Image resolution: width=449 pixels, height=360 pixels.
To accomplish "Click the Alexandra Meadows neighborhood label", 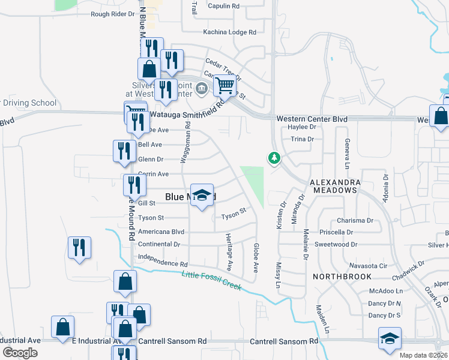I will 334,185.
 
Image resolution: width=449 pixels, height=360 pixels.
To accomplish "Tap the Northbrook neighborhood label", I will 342,277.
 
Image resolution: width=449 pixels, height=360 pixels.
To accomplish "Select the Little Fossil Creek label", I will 211,281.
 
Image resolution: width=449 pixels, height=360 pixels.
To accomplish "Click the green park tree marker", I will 274,158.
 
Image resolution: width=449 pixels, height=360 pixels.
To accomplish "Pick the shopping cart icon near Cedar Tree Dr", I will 224,86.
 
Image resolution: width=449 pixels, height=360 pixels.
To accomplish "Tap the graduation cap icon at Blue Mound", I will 202,195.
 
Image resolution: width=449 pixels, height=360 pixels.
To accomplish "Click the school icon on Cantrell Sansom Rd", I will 390,338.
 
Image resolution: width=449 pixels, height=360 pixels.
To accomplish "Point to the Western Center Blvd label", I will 312,119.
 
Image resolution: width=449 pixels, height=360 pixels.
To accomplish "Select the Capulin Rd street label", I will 223,5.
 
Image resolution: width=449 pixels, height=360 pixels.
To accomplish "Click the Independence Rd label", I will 163,262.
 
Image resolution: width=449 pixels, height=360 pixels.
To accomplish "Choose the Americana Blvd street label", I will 161,232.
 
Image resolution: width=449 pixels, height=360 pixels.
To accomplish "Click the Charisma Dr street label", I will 355,220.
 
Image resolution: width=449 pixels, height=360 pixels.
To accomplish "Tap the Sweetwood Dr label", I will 336,245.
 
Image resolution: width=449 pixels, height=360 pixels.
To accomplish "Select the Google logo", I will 20,353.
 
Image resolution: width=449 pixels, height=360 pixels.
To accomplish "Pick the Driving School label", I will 30,103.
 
